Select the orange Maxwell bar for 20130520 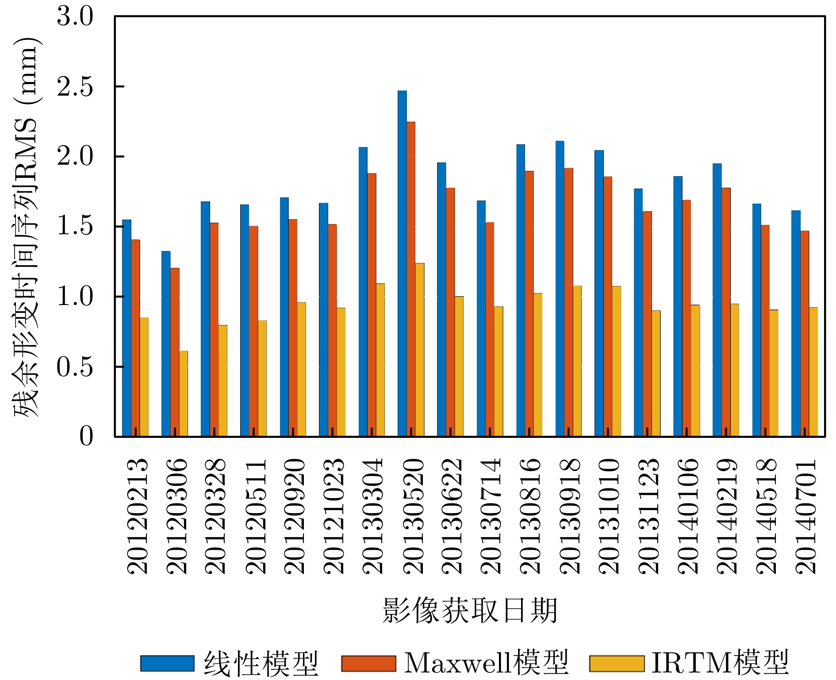[411, 279]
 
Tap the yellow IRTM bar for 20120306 [184, 394]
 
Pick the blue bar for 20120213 [127, 328]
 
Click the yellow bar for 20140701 [813, 372]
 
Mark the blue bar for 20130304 [363, 292]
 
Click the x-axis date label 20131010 [609, 516]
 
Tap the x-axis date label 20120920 [294, 516]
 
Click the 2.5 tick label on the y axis [75, 87]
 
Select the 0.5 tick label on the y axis [75, 367]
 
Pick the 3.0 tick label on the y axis [75, 17]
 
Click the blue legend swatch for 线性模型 [167, 663]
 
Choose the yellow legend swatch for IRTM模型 [616, 663]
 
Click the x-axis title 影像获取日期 [470, 610]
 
